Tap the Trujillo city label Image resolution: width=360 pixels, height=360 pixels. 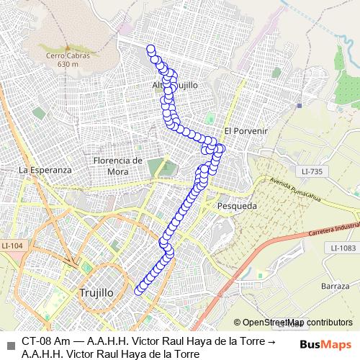point(94,293)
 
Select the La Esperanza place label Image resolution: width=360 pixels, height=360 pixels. point(46,170)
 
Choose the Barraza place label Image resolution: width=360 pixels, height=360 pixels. point(336,286)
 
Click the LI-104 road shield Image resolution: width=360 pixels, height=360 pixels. point(12,246)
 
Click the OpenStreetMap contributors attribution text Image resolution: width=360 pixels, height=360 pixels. point(297,323)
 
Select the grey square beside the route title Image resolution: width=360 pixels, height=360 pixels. point(9,343)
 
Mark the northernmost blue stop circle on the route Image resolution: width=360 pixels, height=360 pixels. point(151,49)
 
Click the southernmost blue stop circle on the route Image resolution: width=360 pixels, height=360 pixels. point(139,290)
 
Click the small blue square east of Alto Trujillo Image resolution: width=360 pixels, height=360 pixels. point(298,105)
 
